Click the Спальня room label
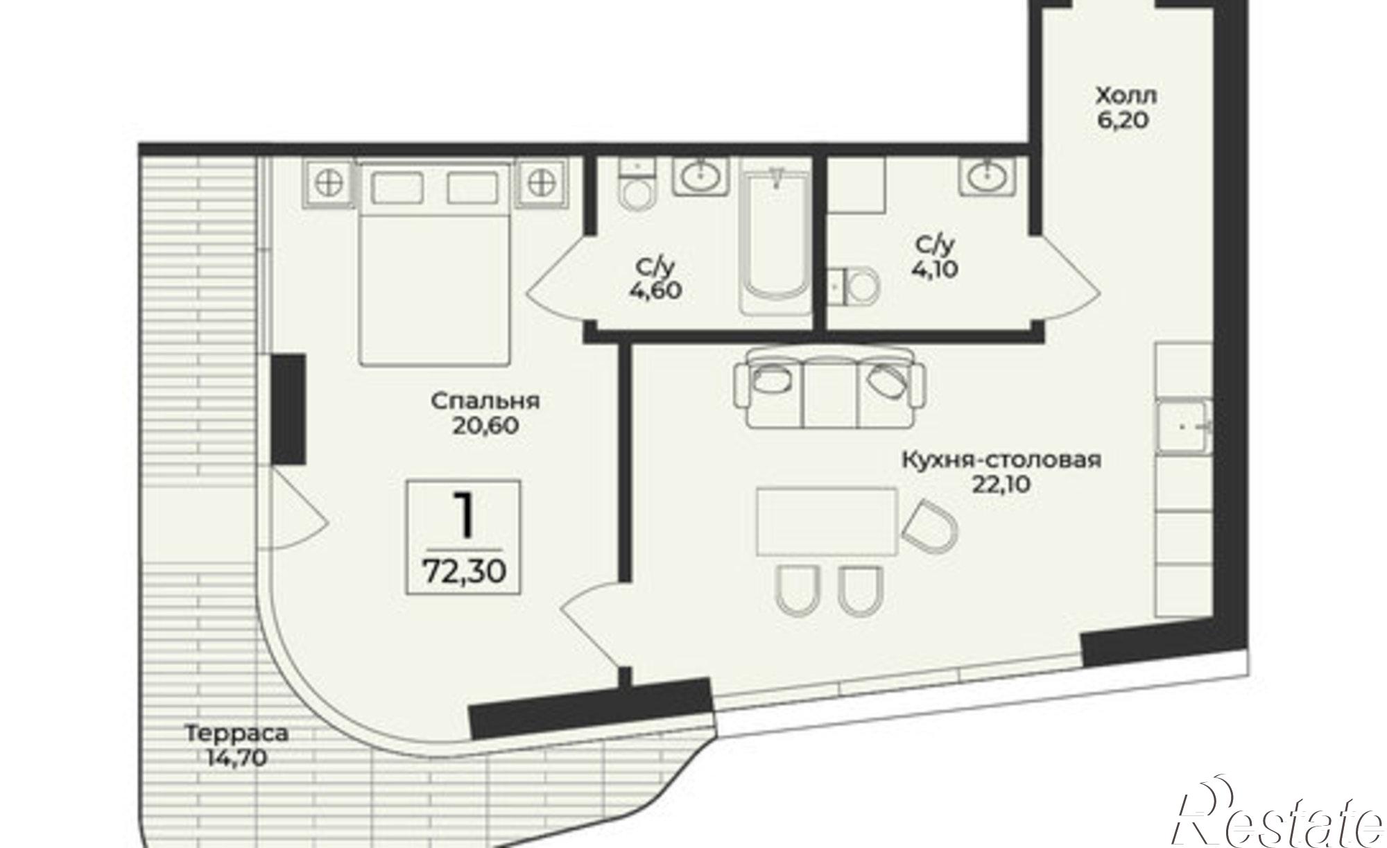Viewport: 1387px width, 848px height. coord(485,401)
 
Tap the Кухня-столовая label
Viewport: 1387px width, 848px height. coord(1001,460)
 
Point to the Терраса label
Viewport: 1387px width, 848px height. coord(236,733)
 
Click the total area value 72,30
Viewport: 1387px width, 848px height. coord(464,571)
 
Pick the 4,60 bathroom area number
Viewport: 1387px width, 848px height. coord(655,291)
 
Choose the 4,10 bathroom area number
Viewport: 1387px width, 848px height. coord(936,268)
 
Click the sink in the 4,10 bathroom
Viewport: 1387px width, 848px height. coord(986,176)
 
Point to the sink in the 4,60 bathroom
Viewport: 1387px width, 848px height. coord(701,175)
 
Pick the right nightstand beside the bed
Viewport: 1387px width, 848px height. coord(542,183)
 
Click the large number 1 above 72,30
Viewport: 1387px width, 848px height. coord(463,515)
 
